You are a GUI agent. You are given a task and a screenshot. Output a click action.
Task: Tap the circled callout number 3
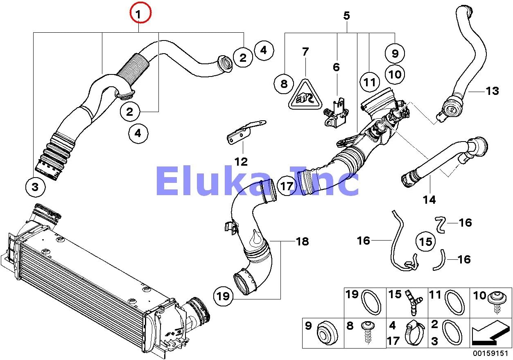pyautogui.click(x=35, y=187)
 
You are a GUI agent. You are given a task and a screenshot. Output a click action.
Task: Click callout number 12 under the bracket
pyautogui.click(x=241, y=161)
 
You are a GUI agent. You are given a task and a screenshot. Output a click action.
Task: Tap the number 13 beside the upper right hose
pyautogui.click(x=493, y=91)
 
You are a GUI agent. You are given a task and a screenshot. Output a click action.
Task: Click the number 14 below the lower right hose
pyautogui.click(x=429, y=200)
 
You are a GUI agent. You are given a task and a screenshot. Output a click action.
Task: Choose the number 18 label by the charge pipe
pyautogui.click(x=302, y=241)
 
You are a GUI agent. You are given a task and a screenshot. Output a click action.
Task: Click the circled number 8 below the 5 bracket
pyautogui.click(x=284, y=84)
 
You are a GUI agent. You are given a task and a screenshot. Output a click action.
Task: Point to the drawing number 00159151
pyautogui.click(x=490, y=353)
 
